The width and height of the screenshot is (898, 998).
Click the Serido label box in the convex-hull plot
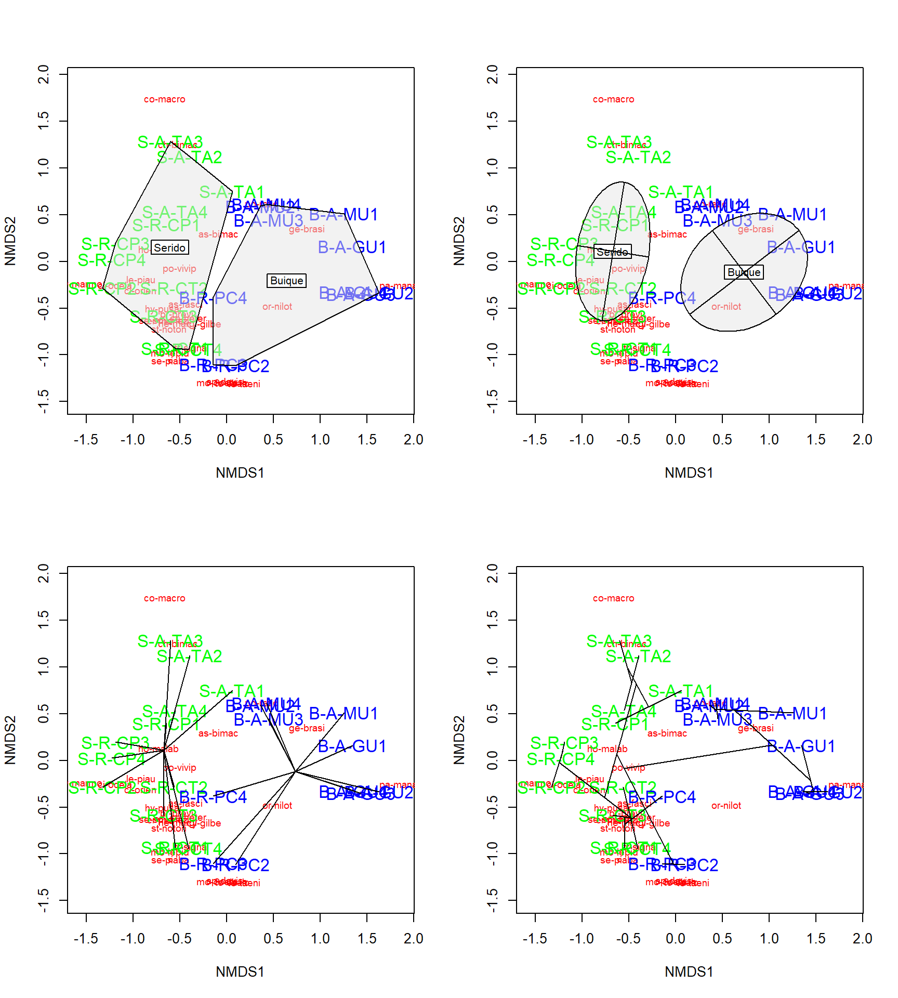170,247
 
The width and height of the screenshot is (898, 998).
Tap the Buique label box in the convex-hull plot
286,281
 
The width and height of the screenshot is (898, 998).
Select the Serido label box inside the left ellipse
612,252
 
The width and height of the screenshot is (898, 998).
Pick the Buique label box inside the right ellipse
744,272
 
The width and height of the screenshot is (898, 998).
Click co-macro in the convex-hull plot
164,99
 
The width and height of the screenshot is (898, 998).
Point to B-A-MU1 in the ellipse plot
793,215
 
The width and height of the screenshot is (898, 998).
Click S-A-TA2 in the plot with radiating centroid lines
190,656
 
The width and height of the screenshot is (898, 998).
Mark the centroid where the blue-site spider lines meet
295,771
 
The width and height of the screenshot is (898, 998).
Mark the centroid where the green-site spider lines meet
164,750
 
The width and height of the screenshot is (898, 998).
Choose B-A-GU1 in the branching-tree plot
801,746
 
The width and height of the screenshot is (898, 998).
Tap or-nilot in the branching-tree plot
726,806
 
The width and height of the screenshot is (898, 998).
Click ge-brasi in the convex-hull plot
307,229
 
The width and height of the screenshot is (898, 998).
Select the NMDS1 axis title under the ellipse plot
689,473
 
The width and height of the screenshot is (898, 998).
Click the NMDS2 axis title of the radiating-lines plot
10,740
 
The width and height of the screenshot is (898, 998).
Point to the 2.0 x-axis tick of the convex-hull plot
414,440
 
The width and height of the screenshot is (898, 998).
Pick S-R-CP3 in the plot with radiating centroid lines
115,743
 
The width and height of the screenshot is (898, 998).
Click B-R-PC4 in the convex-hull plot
213,298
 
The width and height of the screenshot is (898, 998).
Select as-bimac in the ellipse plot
667,234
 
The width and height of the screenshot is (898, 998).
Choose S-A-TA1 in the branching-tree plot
681,691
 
